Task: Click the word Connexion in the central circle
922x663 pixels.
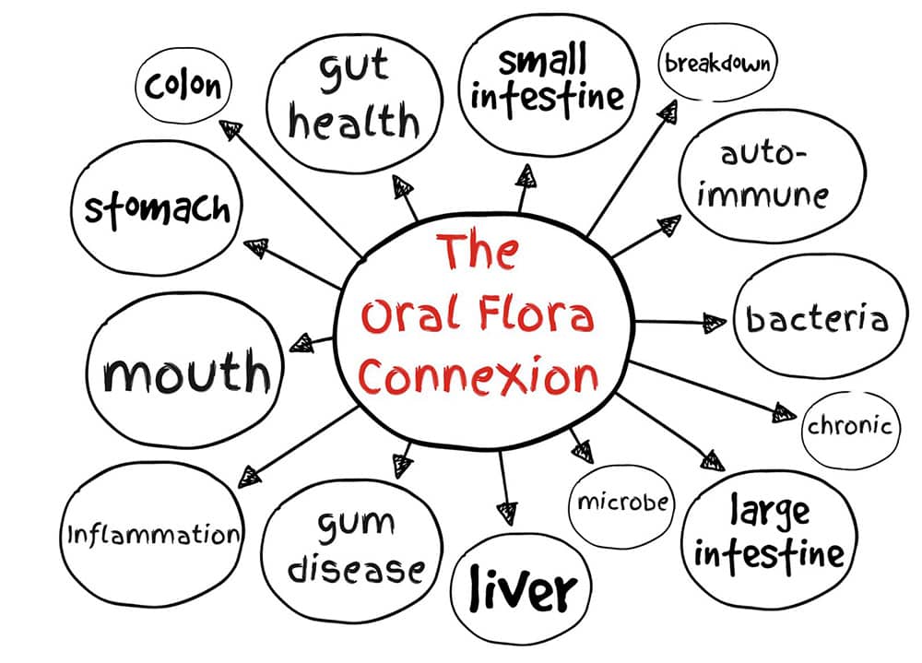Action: [479, 377]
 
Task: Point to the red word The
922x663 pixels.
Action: [476, 254]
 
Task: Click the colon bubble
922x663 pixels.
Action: [183, 87]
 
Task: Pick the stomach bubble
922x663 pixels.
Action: [157, 208]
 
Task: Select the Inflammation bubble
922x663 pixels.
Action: [153, 534]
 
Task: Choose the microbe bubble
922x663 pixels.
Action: [622, 503]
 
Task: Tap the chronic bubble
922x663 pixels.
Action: [849, 427]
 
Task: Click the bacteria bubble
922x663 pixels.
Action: [817, 318]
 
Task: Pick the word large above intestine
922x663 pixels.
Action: [770, 510]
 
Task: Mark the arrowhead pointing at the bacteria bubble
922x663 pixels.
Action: [715, 323]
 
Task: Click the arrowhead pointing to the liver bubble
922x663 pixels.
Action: [505, 510]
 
